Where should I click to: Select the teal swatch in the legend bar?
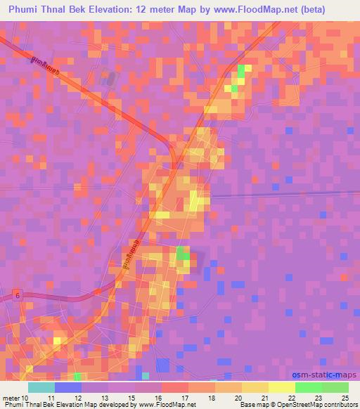point(41,387)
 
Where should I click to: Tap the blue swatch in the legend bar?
point(67,387)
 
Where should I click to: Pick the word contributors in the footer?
point(338,405)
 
